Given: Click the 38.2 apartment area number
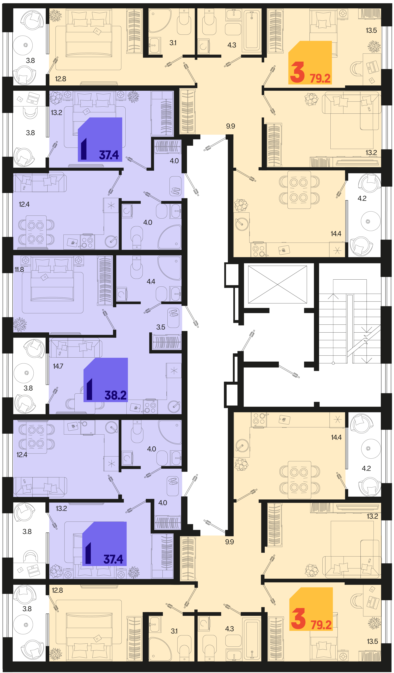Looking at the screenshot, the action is pyautogui.click(x=115, y=395).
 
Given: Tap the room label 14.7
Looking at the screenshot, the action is pyautogui.click(x=58, y=366).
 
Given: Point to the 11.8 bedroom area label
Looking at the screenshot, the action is pyautogui.click(x=19, y=270).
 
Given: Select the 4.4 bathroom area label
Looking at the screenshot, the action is pyautogui.click(x=151, y=281).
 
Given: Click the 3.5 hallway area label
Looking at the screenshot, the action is pyautogui.click(x=161, y=327).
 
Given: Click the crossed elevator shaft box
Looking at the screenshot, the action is pyautogui.click(x=277, y=284).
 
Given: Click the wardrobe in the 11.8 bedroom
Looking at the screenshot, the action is pyautogui.click(x=105, y=280).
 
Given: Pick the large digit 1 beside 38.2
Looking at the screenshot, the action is pyautogui.click(x=90, y=389).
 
